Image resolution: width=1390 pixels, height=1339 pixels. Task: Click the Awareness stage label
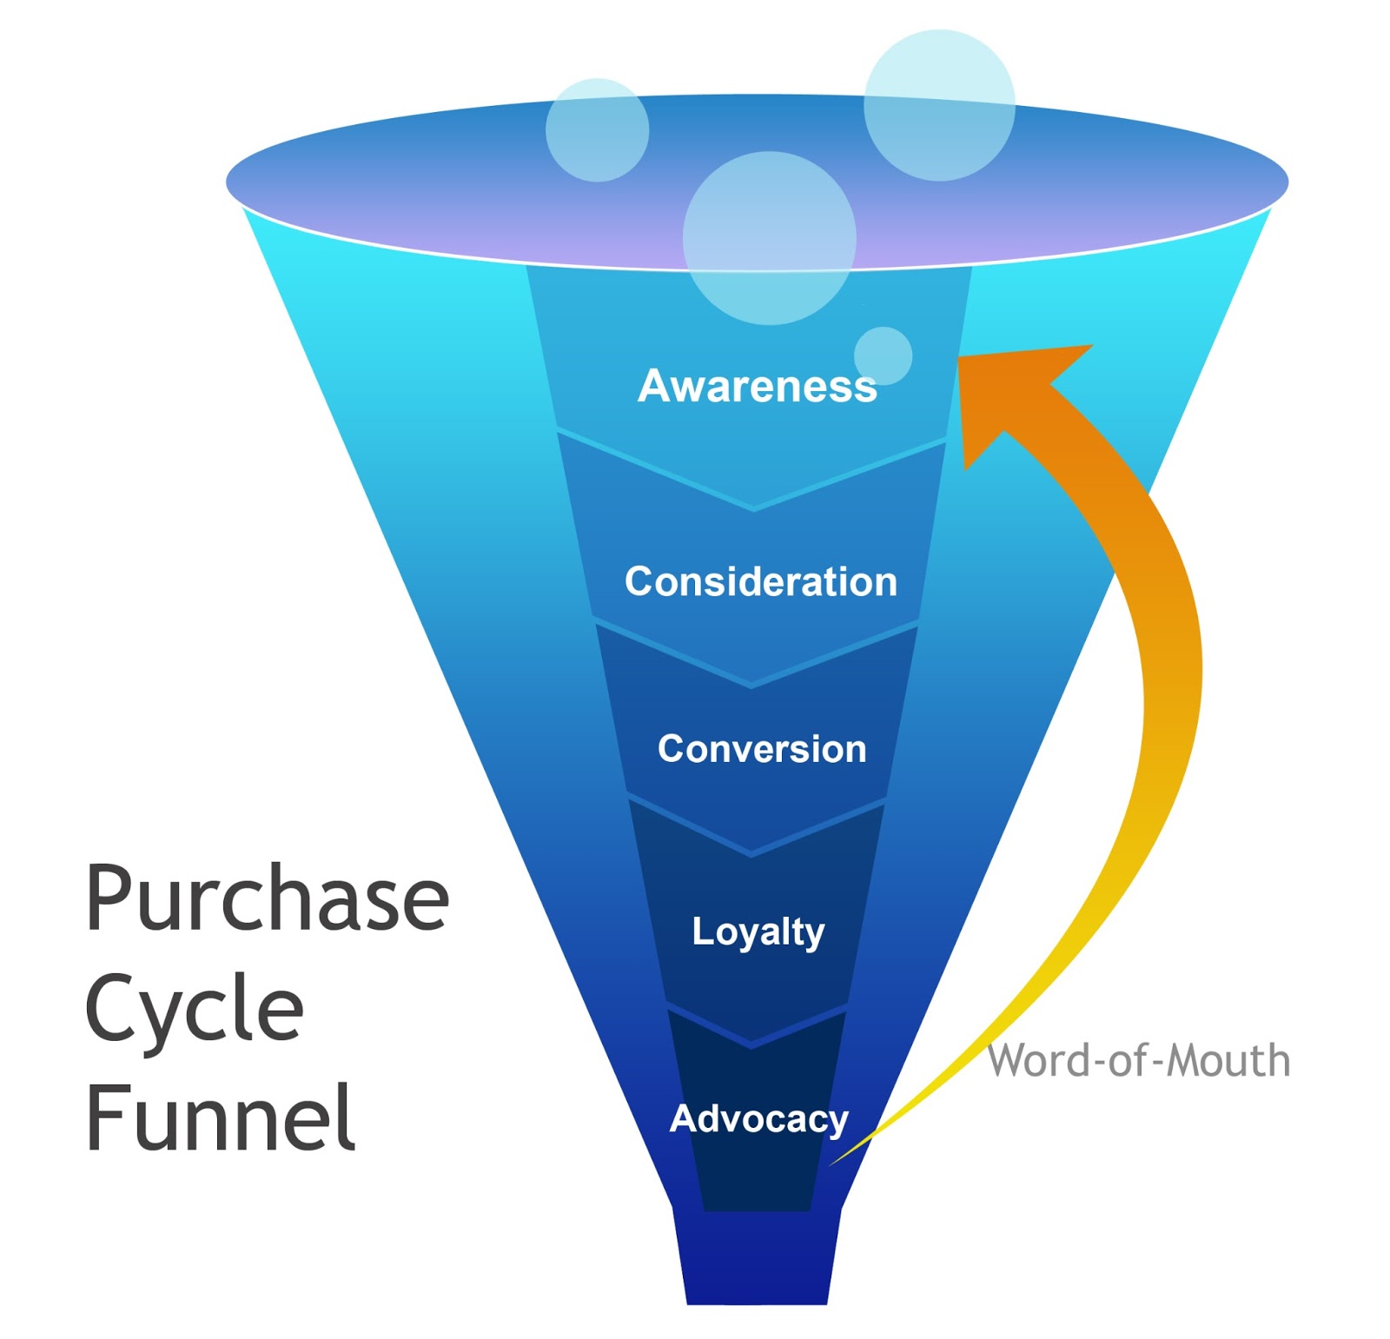pyautogui.click(x=757, y=387)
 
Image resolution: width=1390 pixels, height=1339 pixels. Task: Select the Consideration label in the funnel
pyautogui.click(x=760, y=581)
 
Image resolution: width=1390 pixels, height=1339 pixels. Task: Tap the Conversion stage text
pyautogui.click(x=762, y=749)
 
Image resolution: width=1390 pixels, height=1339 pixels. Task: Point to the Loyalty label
pyautogui.click(x=758, y=931)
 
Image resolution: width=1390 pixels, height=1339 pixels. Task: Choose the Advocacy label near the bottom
pyautogui.click(x=758, y=1119)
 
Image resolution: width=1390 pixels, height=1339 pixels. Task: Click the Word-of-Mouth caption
pyautogui.click(x=1138, y=1061)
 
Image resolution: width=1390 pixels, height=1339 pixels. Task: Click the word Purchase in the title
pyautogui.click(x=267, y=898)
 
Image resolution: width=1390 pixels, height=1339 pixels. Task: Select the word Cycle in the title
pyautogui.click(x=194, y=1008)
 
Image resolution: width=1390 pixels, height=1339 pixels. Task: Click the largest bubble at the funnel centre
pyautogui.click(x=769, y=238)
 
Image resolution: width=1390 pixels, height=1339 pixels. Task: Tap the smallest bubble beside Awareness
pyautogui.click(x=883, y=355)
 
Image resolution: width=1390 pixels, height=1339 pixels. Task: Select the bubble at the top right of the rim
pyautogui.click(x=939, y=105)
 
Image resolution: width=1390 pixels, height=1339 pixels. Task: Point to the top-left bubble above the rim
pyautogui.click(x=597, y=130)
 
